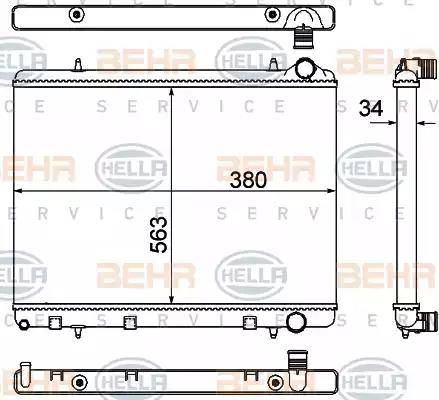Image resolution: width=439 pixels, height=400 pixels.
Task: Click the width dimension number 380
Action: pyautogui.click(x=248, y=180)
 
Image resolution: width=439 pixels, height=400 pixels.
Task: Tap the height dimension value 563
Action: pyautogui.click(x=158, y=235)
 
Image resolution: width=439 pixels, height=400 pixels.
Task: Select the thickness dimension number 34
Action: pyautogui.click(x=371, y=108)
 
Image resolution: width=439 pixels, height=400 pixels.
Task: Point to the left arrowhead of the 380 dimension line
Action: pyautogui.click(x=18, y=191)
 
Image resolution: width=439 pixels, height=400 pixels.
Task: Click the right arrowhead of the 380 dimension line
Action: pyautogui.click(x=331, y=191)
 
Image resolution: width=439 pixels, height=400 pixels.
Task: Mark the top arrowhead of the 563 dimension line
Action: pyautogui.click(x=171, y=92)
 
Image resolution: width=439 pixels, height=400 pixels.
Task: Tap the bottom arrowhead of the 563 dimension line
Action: pyautogui.click(x=171, y=299)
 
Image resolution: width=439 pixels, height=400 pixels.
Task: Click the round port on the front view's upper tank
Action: pyautogui.click(x=305, y=69)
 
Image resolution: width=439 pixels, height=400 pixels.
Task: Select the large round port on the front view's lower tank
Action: pyautogui.click(x=297, y=322)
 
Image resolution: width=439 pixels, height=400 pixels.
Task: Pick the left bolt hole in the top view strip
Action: pyautogui.click(x=77, y=14)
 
